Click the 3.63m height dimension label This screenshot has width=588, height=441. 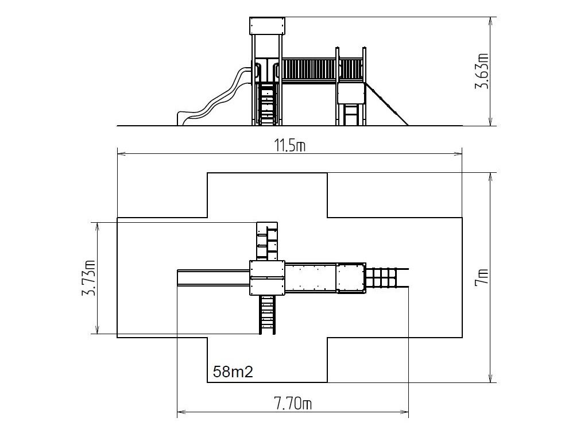482,71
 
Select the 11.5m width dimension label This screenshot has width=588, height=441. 290,145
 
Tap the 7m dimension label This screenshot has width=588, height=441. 482,277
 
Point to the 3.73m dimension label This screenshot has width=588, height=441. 89,277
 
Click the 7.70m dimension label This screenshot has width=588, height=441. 293,404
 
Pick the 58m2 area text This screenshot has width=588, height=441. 233,372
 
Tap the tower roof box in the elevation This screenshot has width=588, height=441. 267,25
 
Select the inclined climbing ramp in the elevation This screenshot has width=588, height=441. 386,104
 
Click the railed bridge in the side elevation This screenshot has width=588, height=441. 310,69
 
